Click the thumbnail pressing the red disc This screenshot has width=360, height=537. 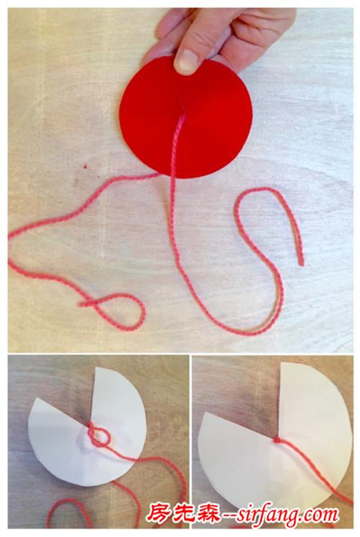click(187, 62)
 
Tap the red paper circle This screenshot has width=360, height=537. click(186, 118)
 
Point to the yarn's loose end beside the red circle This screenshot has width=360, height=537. click(301, 262)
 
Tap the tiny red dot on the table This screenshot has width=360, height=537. click(84, 166)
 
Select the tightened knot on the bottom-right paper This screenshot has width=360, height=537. click(276, 439)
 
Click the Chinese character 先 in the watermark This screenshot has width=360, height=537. click(183, 514)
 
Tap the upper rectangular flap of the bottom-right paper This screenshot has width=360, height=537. click(308, 397)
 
